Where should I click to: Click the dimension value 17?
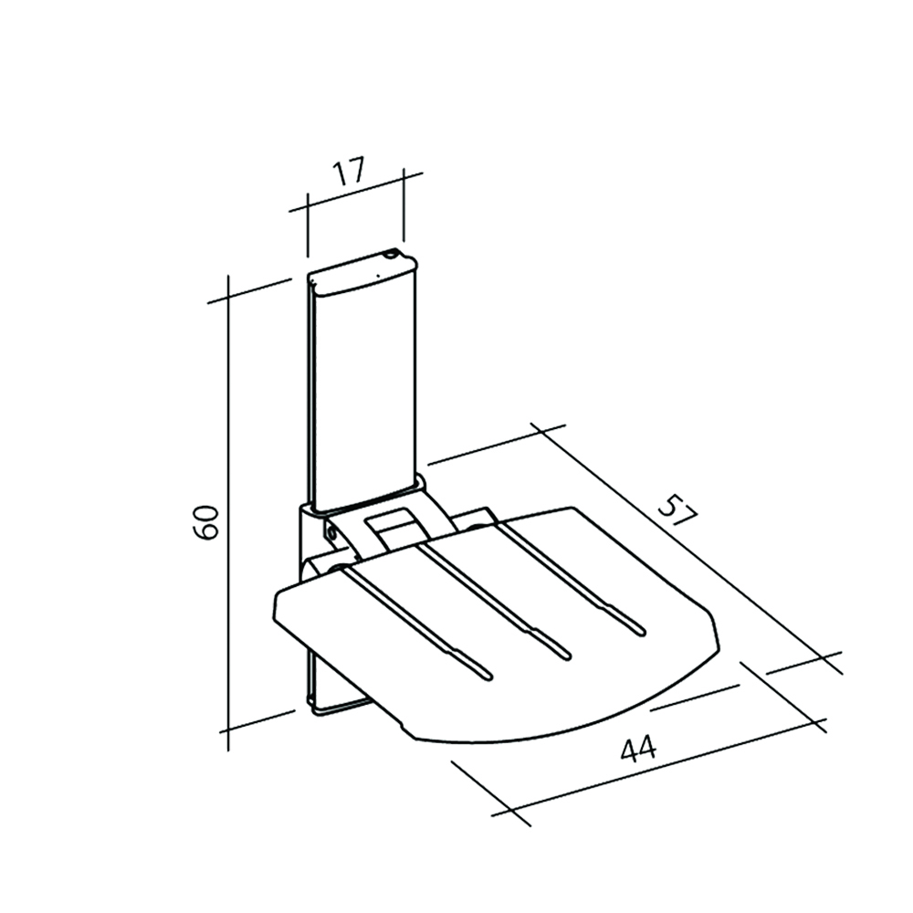tap(348, 172)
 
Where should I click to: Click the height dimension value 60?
tap(207, 521)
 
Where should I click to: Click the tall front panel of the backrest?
tap(365, 393)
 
